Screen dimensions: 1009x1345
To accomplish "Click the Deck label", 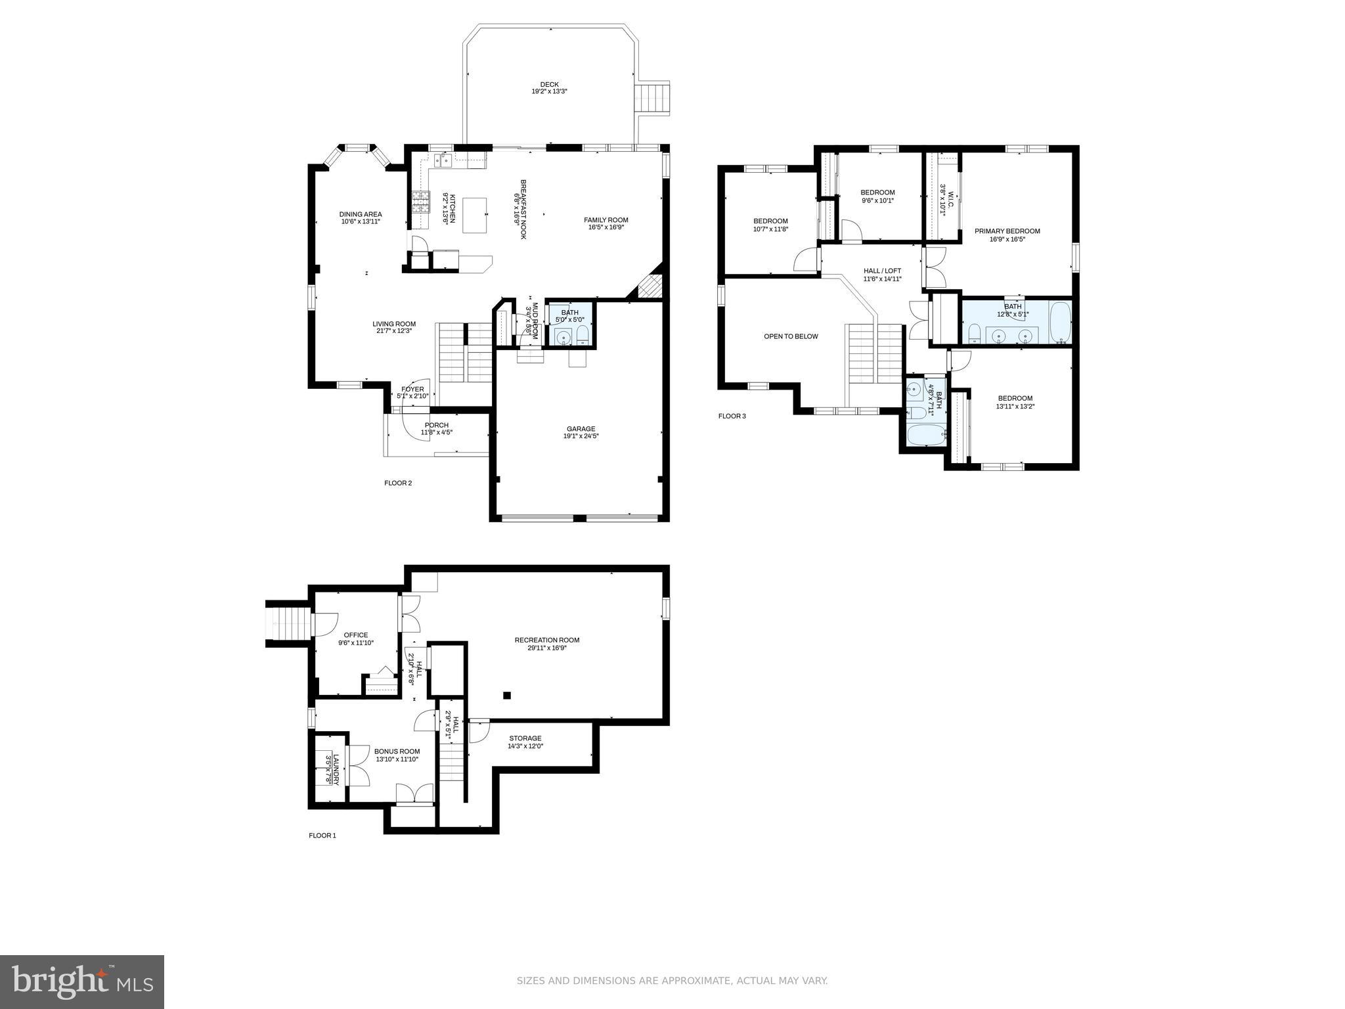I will [549, 84].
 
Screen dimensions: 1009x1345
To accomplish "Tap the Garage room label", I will [581, 429].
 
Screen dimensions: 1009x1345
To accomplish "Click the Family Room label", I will [606, 220].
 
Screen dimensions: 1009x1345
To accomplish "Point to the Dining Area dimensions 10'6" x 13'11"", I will [360, 222].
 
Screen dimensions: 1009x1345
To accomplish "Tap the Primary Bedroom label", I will [1007, 231].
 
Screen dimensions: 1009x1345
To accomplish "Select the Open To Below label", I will [791, 336].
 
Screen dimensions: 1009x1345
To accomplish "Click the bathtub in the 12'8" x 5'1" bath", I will [1059, 323].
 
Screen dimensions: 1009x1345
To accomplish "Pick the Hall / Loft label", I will [882, 271].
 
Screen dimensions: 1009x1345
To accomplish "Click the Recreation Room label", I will [546, 640].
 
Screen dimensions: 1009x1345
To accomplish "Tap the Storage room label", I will [525, 738].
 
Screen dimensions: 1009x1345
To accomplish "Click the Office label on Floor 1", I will [355, 635].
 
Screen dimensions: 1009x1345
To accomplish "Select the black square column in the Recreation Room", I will [506, 695].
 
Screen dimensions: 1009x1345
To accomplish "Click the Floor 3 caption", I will [732, 416].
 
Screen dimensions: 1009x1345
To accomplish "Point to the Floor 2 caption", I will [398, 483].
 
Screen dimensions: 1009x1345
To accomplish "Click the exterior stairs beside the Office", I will [287, 623].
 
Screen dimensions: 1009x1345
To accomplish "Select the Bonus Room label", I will [397, 751].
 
